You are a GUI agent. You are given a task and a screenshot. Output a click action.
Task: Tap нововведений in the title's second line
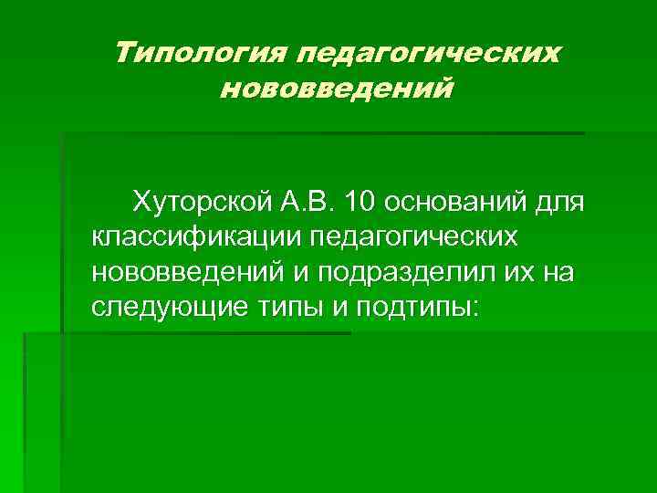point(338,90)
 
